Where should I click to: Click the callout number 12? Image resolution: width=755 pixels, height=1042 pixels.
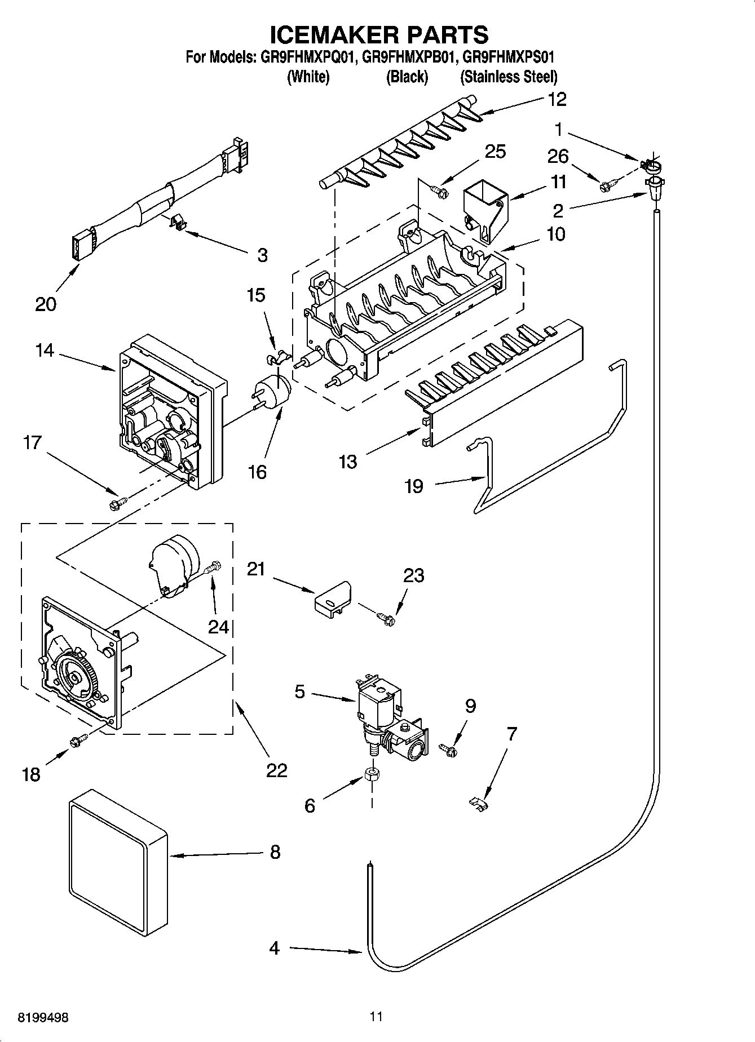pos(557,100)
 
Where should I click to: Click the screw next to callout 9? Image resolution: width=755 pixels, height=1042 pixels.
pos(448,750)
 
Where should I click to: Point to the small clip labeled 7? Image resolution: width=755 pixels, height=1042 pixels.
pos(479,802)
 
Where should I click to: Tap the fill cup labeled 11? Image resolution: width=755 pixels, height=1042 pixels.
pos(485,209)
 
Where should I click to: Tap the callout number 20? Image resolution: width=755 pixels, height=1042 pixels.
pos(45,304)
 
